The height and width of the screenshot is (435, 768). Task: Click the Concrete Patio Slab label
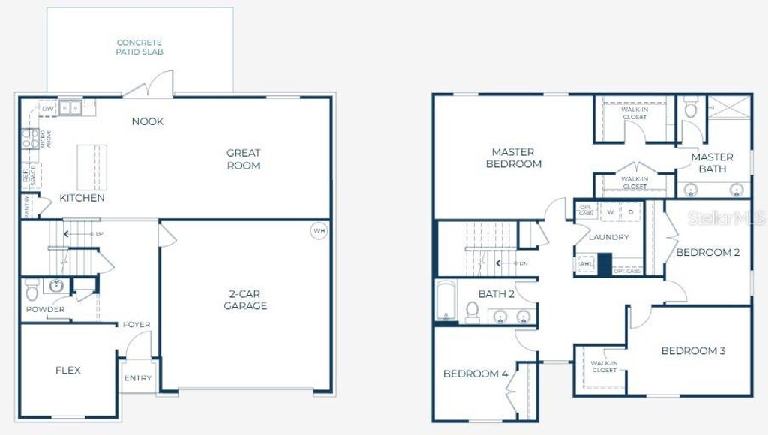(139, 47)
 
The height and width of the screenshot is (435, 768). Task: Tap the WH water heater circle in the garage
(319, 230)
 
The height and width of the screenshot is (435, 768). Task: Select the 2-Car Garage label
(245, 300)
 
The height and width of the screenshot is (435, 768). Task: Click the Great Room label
(244, 159)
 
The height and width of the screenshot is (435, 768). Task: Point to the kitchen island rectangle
(92, 167)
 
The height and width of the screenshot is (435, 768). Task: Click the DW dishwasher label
(47, 109)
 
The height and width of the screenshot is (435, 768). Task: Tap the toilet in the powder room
(32, 289)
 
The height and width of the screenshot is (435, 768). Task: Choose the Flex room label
(68, 370)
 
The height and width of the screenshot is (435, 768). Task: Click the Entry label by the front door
(137, 378)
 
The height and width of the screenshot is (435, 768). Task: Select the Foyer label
(137, 324)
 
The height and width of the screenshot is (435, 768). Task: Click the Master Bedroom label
(514, 158)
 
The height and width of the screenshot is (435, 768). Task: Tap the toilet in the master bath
(691, 107)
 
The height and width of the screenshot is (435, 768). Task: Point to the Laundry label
(608, 237)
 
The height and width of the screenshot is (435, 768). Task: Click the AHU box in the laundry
(586, 264)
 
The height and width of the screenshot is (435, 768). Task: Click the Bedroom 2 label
(708, 252)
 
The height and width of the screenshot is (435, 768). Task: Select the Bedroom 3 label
(693, 350)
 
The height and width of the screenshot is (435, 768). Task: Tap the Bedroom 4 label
(475, 373)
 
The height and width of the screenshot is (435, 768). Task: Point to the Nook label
(148, 121)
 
